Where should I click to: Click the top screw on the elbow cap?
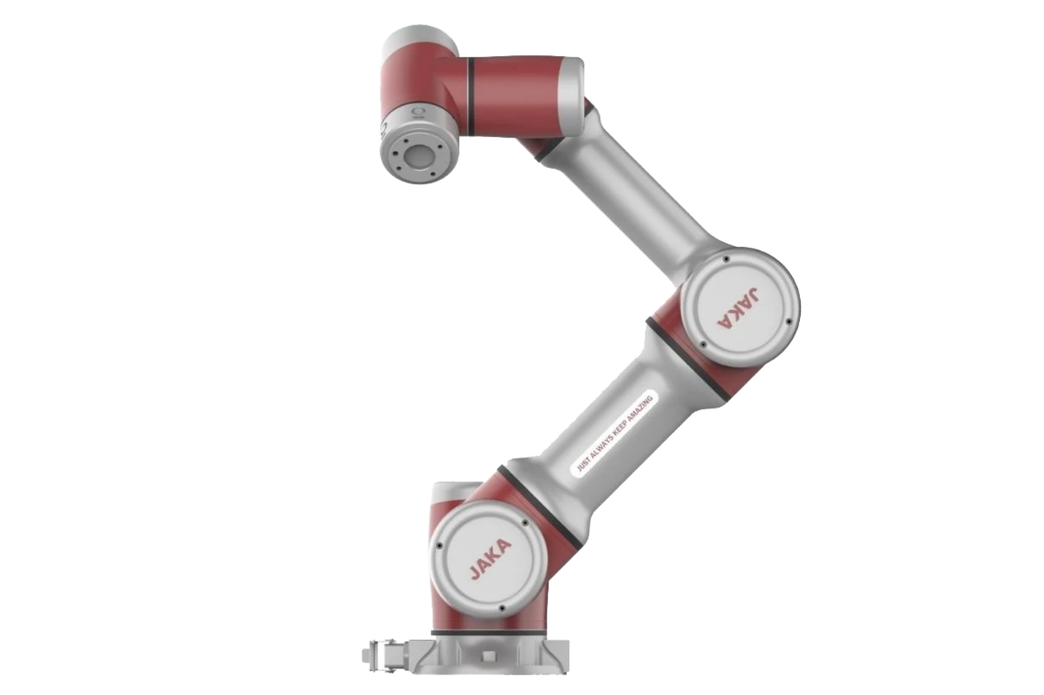click(x=726, y=259)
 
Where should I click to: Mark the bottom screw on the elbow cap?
click(x=702, y=346)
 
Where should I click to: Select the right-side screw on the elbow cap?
click(x=790, y=322)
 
